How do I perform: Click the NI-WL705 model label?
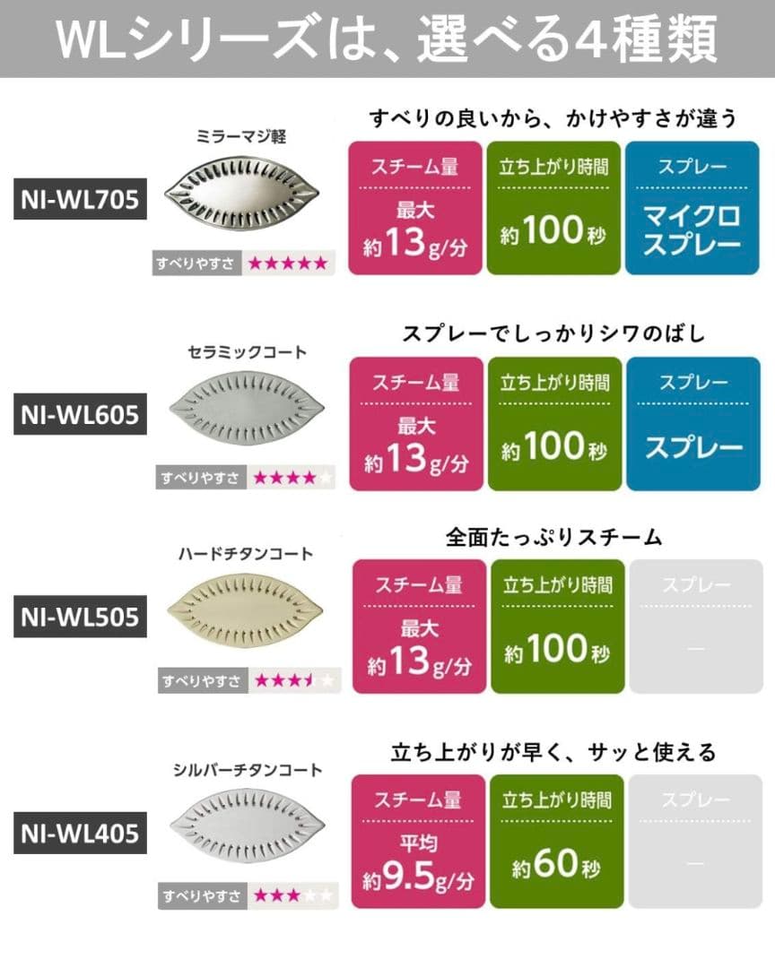click(x=80, y=201)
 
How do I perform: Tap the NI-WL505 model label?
click(x=80, y=618)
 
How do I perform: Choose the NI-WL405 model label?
click(x=80, y=834)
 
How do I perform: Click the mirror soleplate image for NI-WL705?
click(x=244, y=193)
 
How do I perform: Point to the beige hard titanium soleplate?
click(x=244, y=613)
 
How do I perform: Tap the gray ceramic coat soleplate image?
click(x=245, y=409)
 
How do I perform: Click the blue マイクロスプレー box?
click(x=692, y=207)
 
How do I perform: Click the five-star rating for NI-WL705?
click(x=288, y=263)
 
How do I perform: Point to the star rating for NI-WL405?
click(x=292, y=895)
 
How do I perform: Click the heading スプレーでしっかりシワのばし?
click(x=553, y=333)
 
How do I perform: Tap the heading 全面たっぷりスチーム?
click(x=553, y=537)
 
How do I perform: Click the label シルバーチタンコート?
click(x=246, y=770)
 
